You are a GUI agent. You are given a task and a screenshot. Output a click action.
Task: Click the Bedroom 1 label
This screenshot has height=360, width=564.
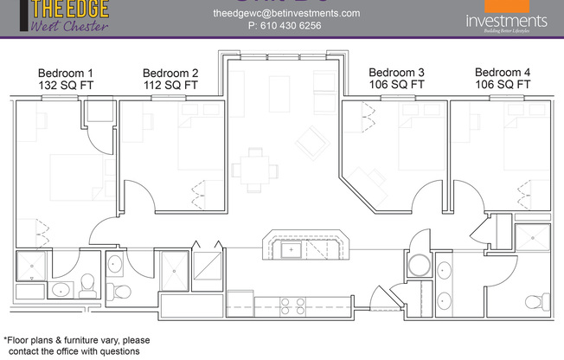click(66, 72)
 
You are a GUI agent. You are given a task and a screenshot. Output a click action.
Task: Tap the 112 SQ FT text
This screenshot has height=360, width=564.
click(170, 86)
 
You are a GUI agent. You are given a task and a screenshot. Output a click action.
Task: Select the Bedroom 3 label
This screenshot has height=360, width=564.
click(396, 72)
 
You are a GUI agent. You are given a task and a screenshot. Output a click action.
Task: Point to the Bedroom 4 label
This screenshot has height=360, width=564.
click(503, 72)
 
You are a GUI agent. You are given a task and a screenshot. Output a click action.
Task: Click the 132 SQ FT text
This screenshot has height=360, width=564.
click(66, 86)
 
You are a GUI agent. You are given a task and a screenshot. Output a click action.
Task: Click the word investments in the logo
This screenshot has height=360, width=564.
click(505, 20)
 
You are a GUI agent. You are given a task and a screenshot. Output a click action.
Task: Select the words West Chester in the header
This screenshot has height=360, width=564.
click(69, 25)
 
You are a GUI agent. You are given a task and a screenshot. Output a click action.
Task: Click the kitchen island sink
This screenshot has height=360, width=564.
click(293, 250)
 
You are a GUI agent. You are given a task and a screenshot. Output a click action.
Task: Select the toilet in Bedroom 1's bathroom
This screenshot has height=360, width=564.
click(87, 283)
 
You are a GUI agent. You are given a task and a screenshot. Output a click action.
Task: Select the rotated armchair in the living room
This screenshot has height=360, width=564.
click(309, 138)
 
